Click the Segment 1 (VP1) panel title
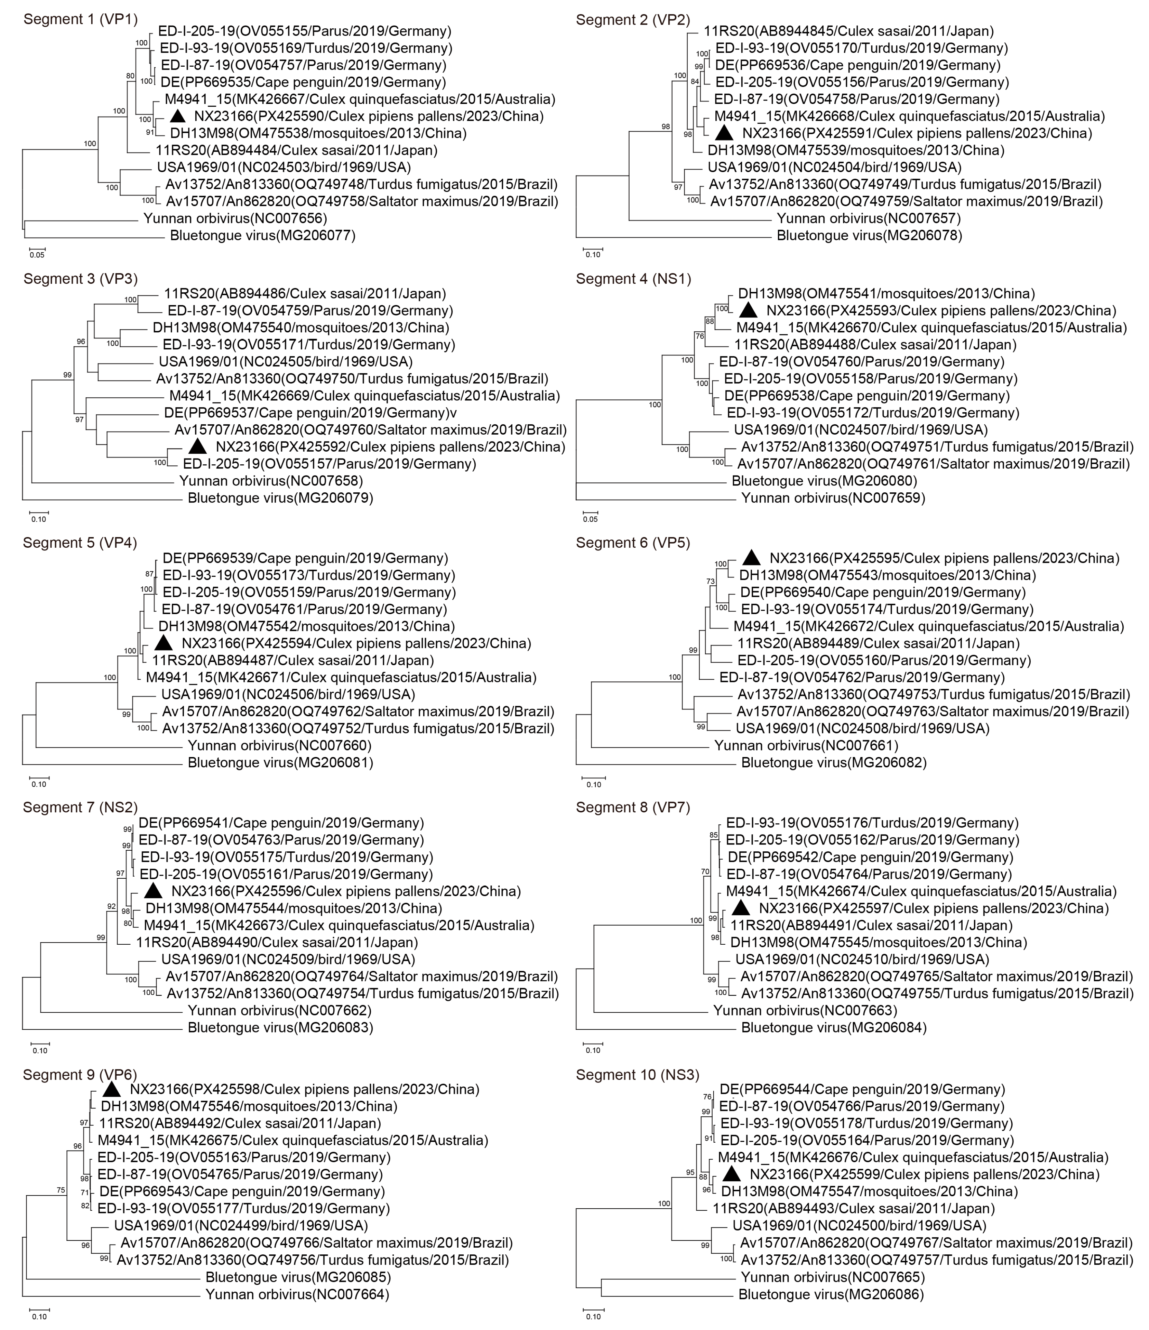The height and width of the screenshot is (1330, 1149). point(80,19)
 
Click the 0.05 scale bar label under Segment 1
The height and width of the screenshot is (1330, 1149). point(37,255)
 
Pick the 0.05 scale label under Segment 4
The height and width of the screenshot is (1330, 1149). point(590,519)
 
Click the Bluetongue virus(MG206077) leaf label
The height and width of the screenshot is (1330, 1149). point(263,236)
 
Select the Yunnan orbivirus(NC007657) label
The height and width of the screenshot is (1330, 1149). point(869,218)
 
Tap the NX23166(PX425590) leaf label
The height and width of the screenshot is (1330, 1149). point(368,116)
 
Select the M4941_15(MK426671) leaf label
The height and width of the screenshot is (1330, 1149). point(341,677)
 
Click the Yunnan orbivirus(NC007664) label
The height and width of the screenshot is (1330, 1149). point(297,1294)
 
